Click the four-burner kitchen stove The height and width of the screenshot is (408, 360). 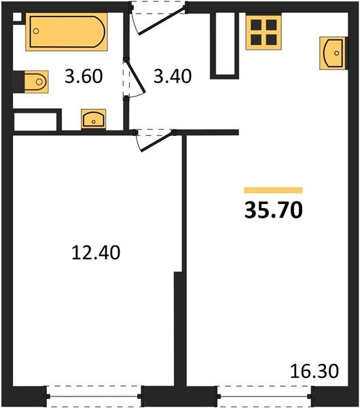click(263, 32)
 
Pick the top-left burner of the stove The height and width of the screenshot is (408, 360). click(256, 25)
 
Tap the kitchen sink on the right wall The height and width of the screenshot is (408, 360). click(332, 53)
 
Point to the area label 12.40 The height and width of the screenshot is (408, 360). click(96, 253)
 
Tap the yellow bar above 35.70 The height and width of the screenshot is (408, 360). click(273, 191)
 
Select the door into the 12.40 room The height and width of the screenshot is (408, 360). click(151, 139)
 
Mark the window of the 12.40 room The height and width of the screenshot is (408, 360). click(95, 394)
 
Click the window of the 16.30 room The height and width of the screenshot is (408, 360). click(264, 394)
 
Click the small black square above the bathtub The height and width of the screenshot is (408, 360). click(18, 18)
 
